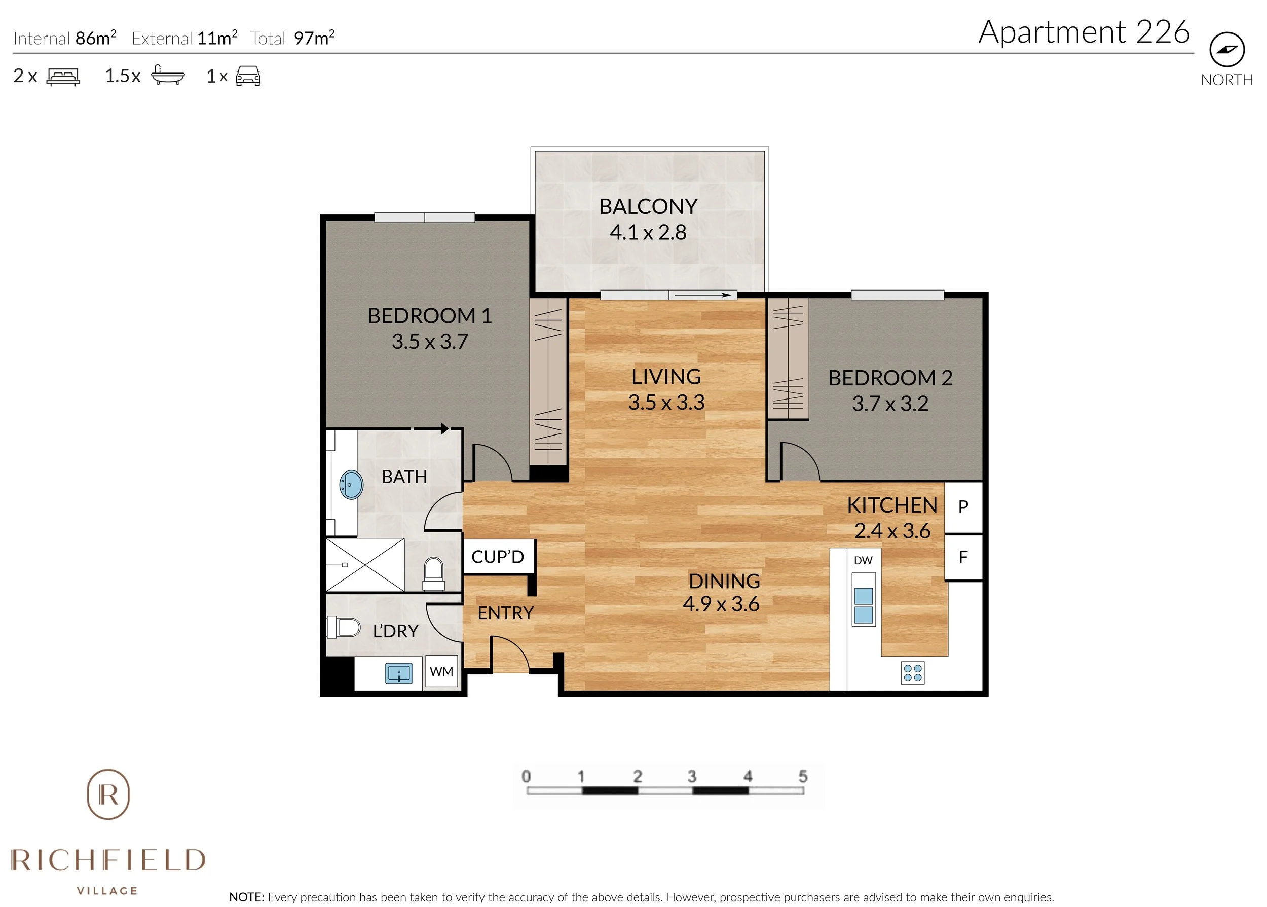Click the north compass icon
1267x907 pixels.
point(1226,49)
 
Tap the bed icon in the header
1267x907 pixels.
point(63,77)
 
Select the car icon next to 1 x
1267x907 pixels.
point(248,76)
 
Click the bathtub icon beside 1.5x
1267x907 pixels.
point(167,76)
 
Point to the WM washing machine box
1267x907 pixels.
point(441,671)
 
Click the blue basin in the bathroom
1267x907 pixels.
point(351,484)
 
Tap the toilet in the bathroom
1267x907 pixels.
point(434,573)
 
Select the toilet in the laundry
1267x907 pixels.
point(343,627)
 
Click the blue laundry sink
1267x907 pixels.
point(398,673)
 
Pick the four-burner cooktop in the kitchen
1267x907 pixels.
point(913,673)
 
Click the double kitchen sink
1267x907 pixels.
point(863,605)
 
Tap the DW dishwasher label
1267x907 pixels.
point(863,560)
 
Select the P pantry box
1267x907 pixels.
point(963,507)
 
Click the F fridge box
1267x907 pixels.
point(963,557)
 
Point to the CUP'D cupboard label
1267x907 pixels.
point(497,557)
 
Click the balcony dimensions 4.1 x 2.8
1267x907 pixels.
point(648,232)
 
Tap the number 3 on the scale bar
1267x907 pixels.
point(692,776)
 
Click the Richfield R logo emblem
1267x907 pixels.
point(108,793)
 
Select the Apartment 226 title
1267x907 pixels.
point(1084,32)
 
